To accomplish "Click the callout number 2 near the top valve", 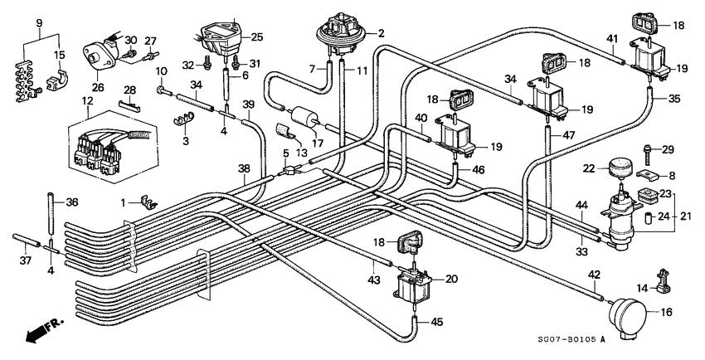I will (381, 34).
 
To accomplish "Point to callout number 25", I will (256, 36).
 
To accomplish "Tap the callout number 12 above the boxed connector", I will (88, 101).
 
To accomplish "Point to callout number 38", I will (244, 168).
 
